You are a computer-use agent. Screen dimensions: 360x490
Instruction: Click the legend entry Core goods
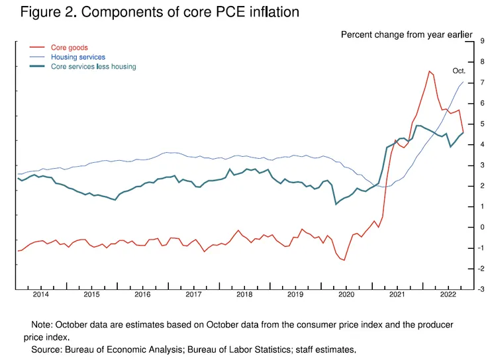tap(69, 48)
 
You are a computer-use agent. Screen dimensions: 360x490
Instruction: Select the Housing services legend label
tap(77, 57)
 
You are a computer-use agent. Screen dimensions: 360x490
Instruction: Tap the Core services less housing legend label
tap(93, 66)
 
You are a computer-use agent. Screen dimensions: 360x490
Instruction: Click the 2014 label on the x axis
tap(41, 294)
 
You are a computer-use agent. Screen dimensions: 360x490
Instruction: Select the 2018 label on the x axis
tap(244, 294)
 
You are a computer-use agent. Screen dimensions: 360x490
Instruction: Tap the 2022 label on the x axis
tap(448, 294)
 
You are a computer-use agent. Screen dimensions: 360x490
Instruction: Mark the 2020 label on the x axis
tap(346, 294)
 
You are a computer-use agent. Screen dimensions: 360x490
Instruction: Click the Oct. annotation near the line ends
tap(460, 70)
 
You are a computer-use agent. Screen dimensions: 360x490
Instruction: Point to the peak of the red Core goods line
tap(430, 71)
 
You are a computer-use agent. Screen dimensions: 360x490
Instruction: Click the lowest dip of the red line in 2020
tap(344, 260)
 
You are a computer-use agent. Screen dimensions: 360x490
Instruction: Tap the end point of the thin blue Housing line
tap(463, 82)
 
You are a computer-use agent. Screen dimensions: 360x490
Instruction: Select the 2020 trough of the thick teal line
tap(336, 204)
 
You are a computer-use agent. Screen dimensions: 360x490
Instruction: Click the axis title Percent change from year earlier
tap(406, 34)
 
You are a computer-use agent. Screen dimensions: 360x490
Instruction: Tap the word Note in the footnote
tap(42, 325)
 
